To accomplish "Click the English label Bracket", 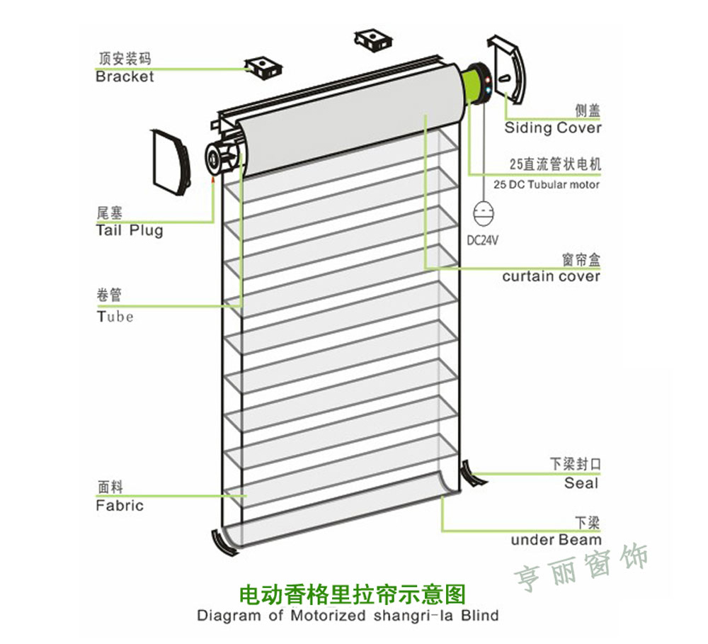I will pos(125,77).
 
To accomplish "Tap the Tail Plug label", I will pos(130,230).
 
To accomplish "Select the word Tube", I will pos(115,316).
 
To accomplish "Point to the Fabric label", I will pos(120,505).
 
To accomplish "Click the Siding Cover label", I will pos(552,128).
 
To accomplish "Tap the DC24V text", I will pos(483,240).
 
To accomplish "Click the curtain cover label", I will pos(551,276).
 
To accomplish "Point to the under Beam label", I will pos(556,540).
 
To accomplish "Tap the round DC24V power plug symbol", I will pos(484,213).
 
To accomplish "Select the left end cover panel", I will pos(170,162).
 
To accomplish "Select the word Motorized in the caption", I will pos(328,615).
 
